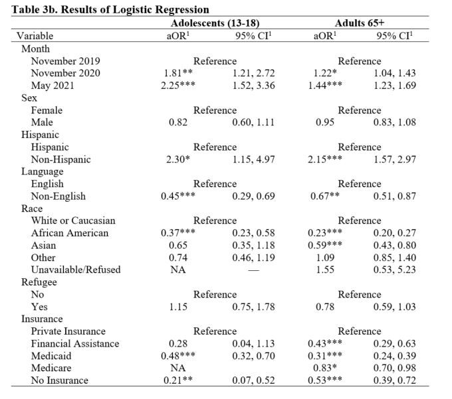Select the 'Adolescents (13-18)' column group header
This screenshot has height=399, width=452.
point(215,23)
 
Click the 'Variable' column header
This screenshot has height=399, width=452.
point(35,36)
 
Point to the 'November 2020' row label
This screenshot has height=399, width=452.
point(65,73)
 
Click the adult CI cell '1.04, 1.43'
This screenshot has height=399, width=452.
point(398,73)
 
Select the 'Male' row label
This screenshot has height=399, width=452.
point(42,122)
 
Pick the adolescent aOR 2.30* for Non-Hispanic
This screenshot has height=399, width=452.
point(177,159)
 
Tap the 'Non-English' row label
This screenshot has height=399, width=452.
point(58,197)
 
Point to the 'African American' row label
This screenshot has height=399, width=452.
point(69,233)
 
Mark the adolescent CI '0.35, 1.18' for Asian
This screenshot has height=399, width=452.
point(253,246)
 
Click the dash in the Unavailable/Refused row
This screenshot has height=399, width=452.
point(253,270)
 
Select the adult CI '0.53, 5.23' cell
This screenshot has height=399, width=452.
point(398,270)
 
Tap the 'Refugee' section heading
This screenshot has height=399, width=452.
point(39,282)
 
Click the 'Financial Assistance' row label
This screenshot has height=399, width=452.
point(75,343)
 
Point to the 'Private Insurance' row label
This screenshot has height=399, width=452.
point(68,331)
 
